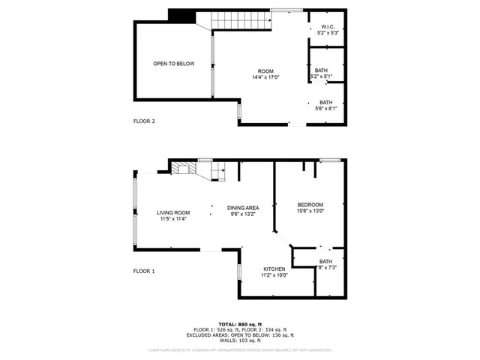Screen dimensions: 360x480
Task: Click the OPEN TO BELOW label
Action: (174, 64)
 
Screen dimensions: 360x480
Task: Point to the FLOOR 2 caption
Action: (144, 121)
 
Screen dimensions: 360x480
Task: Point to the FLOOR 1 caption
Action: (144, 271)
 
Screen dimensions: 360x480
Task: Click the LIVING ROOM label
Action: (173, 212)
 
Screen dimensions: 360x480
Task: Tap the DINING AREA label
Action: (244, 207)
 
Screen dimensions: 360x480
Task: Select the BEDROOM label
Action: (310, 205)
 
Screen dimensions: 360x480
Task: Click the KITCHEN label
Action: (274, 268)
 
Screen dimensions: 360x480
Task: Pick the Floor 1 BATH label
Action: (325, 261)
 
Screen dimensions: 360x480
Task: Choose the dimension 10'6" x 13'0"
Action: (310, 211)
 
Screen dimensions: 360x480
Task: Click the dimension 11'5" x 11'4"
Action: (173, 219)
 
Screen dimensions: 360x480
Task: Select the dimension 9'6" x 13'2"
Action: (244, 214)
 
